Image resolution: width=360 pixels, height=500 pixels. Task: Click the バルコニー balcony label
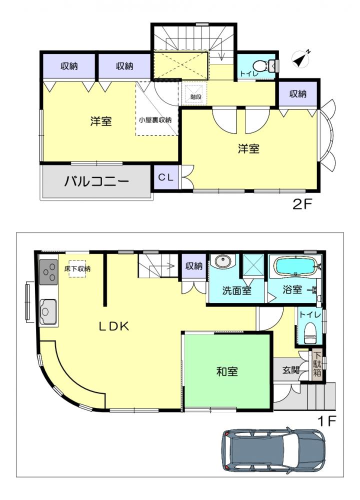96,181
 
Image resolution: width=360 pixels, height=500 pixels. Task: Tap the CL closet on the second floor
166,177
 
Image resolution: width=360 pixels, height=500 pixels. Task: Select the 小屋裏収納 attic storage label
155,120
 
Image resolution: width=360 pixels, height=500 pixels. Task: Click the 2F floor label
301,204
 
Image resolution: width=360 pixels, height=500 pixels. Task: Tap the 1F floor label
327,421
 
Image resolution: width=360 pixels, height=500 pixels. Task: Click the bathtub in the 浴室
295,266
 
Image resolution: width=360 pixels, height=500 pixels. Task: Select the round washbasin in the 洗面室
222,261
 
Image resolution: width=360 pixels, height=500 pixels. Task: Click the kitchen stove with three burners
48,272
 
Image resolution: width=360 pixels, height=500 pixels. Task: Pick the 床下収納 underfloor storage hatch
77,268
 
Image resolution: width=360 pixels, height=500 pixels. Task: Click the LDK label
114,326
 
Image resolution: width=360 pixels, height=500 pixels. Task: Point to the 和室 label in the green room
227,371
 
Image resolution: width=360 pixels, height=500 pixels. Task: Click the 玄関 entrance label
291,370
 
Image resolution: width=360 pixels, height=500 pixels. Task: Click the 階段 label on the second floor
196,96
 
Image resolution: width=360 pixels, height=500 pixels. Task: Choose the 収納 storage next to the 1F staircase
194,266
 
